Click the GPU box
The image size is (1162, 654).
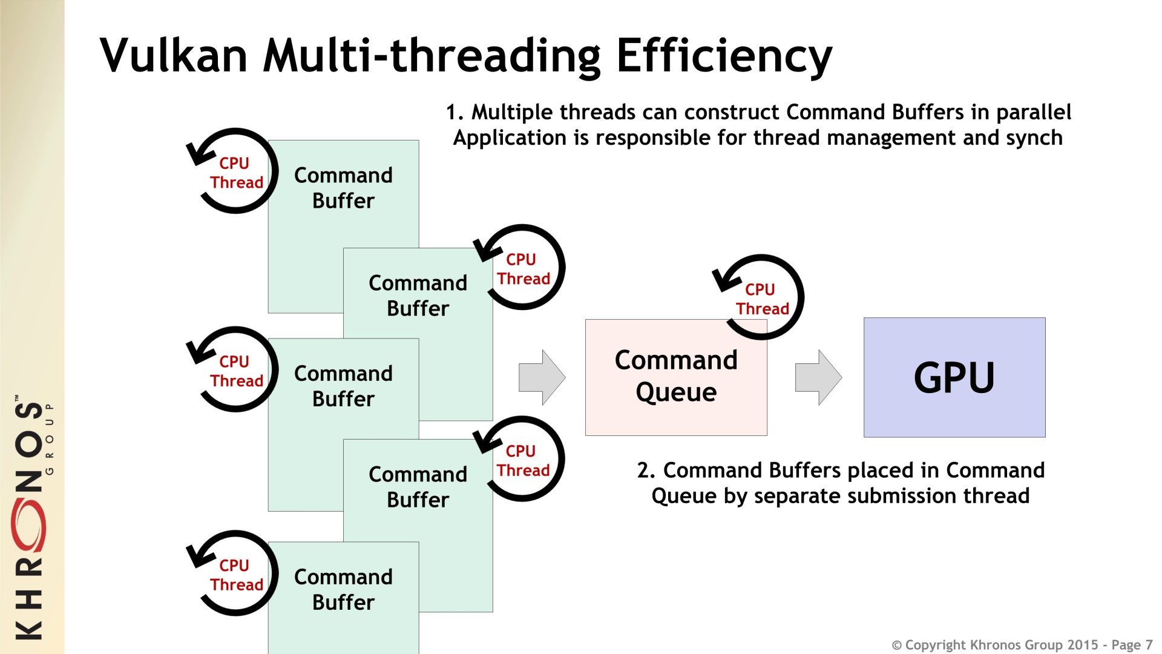click(x=954, y=377)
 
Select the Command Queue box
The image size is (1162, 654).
click(x=675, y=377)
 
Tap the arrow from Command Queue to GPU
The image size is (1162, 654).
click(x=818, y=377)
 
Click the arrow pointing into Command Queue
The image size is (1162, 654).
click(x=542, y=377)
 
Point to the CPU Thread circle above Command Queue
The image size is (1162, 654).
click(x=761, y=297)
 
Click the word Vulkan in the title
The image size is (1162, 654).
click(x=174, y=56)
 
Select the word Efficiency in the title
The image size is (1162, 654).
click(x=724, y=56)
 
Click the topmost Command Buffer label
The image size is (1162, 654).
click(x=343, y=188)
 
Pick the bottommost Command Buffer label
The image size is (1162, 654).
click(x=343, y=589)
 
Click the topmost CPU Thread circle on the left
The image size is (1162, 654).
click(x=235, y=172)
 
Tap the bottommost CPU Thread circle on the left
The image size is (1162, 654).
click(x=235, y=574)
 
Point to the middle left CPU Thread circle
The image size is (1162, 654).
click(x=235, y=370)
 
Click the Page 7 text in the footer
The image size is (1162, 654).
click(x=1132, y=645)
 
